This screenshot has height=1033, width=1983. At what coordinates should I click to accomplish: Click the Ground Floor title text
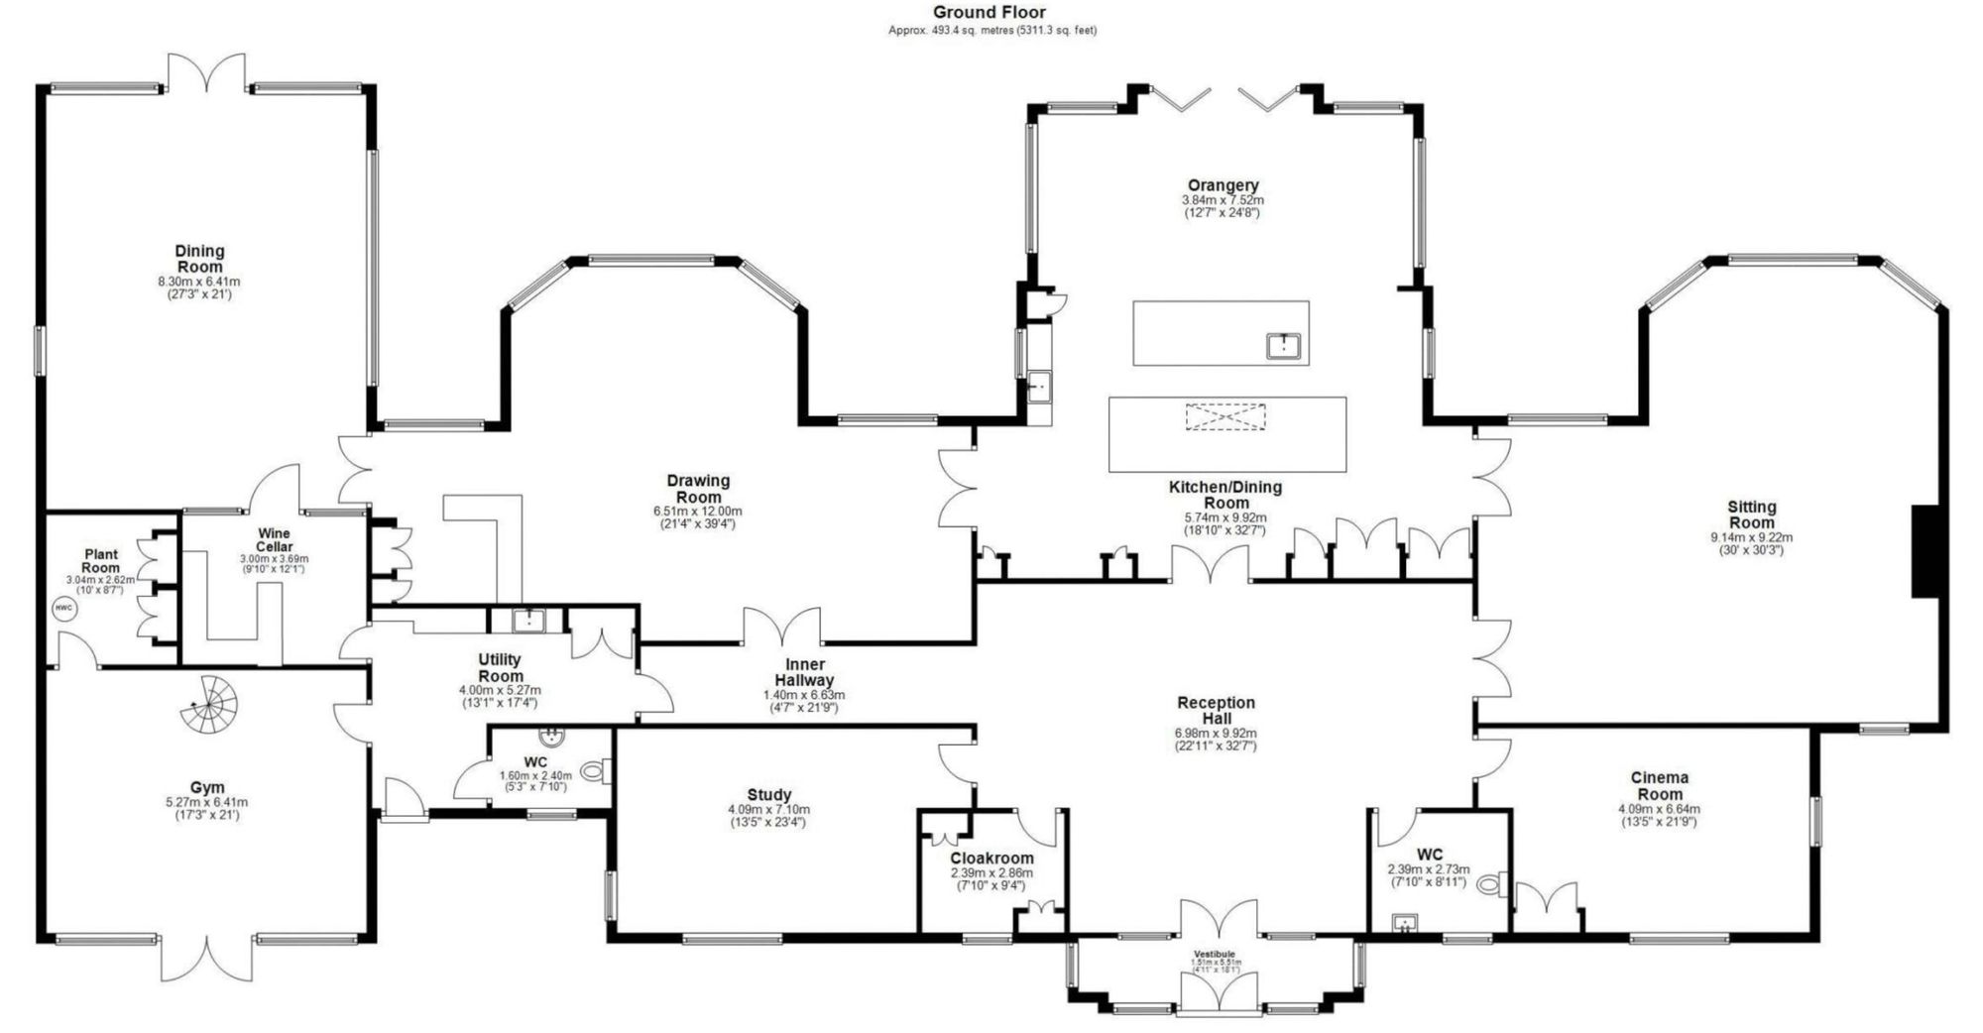coord(989,13)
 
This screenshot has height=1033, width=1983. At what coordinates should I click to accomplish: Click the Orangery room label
coord(1223,185)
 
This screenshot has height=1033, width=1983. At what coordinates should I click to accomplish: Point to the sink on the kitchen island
coord(1284,345)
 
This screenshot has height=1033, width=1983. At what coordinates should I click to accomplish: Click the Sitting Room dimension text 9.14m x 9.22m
coord(1751,537)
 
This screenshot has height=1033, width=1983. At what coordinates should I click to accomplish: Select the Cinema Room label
coord(1659,785)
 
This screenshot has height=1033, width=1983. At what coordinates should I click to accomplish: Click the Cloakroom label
coord(991,859)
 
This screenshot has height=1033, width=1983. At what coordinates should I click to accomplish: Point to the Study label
coord(768,795)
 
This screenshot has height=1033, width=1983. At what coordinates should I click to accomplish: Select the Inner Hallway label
coord(804,672)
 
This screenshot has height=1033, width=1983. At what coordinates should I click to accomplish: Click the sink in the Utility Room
coord(528,621)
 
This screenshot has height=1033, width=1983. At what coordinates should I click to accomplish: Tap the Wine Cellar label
coord(275,540)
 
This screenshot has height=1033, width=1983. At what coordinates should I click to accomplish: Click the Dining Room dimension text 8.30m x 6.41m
coord(198,282)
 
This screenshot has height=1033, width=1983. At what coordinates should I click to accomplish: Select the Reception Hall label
coord(1216,710)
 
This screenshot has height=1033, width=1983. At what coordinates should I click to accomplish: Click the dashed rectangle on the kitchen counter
coord(1225,416)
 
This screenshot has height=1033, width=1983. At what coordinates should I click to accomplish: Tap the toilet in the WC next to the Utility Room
coord(594,770)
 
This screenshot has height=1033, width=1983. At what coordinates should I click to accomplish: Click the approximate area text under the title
coord(991,31)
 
